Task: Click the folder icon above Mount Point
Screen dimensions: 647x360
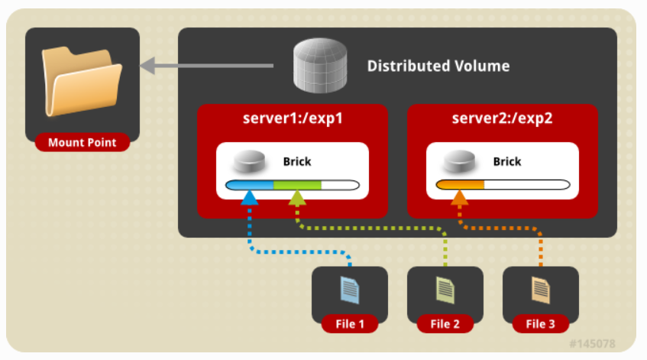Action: (x=82, y=82)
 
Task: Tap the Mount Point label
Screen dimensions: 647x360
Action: (x=82, y=142)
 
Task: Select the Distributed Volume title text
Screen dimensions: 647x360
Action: (x=438, y=66)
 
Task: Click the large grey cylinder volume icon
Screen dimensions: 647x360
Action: (x=320, y=65)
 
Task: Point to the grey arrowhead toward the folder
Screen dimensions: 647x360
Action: (x=147, y=66)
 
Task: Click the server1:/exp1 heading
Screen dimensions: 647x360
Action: (x=293, y=118)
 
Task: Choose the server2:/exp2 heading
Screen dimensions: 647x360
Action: (x=502, y=118)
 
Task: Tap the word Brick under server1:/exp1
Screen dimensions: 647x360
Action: (x=297, y=161)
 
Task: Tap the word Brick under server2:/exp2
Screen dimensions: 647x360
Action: (x=507, y=161)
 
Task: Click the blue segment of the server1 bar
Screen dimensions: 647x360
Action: (x=250, y=185)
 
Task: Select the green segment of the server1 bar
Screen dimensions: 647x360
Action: (x=297, y=185)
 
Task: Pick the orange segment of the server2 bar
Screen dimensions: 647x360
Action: (x=460, y=184)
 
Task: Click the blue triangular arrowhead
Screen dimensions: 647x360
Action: (x=249, y=198)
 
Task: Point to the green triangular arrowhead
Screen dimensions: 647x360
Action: (x=297, y=198)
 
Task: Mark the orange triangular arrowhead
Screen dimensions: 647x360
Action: (x=460, y=198)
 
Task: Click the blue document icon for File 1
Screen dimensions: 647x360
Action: (x=350, y=290)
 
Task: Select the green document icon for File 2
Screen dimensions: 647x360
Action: (x=445, y=290)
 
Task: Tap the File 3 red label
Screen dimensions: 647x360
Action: (x=541, y=324)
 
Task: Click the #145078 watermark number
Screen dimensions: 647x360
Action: (x=592, y=343)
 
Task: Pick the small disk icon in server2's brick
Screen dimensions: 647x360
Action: (x=459, y=161)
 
